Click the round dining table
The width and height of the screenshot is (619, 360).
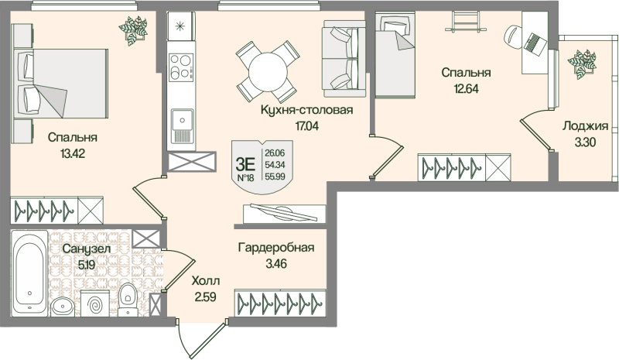pos(267,67)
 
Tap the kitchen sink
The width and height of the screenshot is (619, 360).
pos(183,124)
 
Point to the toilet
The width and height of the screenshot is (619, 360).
pos(127,298)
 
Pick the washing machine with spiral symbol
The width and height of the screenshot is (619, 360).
pos(96,303)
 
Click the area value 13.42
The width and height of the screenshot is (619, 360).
pos(72,153)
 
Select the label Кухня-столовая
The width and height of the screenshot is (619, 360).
pos(307,110)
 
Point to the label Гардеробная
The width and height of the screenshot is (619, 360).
pos(275,248)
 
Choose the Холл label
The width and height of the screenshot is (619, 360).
pos(205,280)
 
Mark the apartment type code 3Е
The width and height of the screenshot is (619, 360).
pos(245,163)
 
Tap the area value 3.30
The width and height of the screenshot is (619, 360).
pos(583,142)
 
